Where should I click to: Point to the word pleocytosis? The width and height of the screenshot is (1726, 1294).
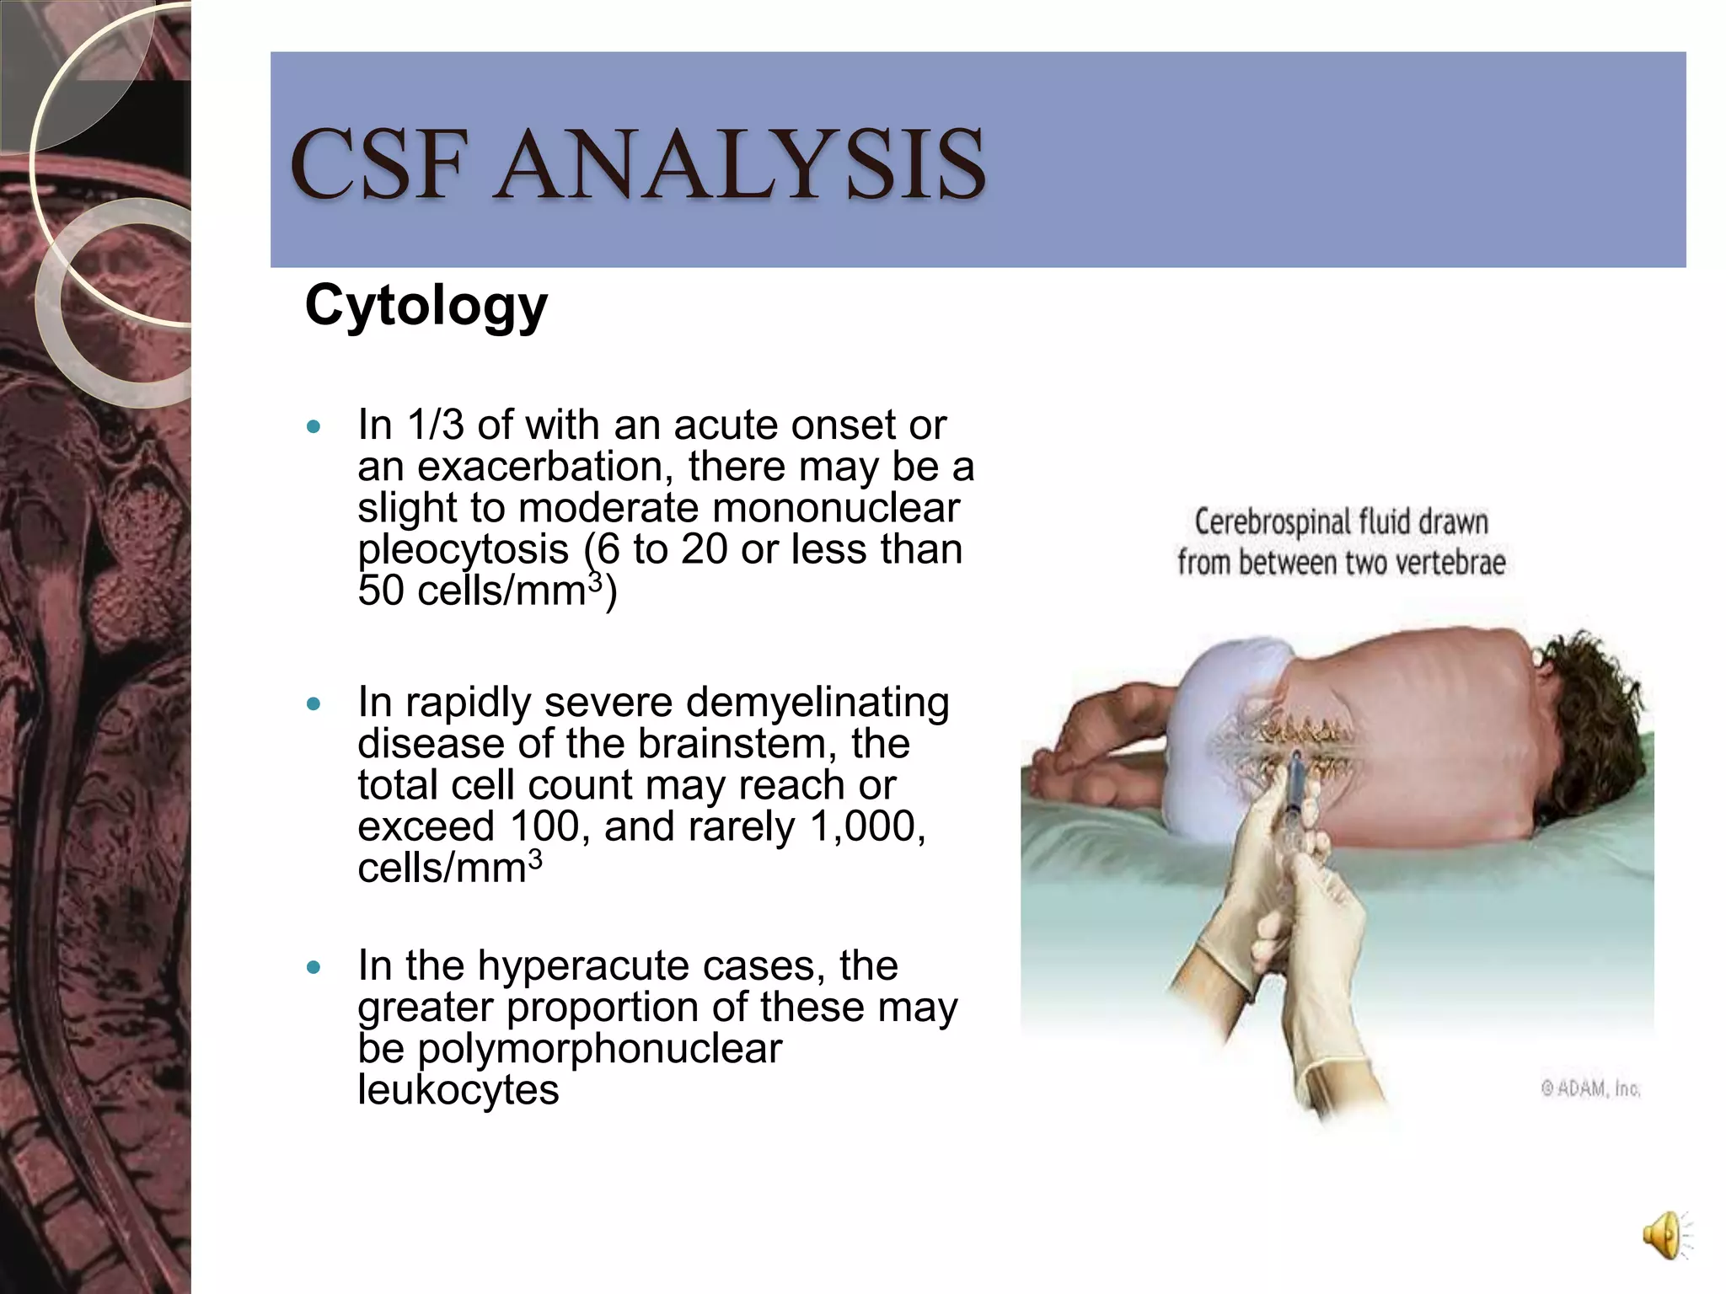pyautogui.click(x=463, y=550)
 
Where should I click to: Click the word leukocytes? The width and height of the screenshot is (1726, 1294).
pyautogui.click(x=458, y=1090)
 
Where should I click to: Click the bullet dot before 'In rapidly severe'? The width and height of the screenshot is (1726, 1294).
pyautogui.click(x=314, y=703)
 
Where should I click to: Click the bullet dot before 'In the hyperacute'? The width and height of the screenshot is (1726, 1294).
pyautogui.click(x=314, y=967)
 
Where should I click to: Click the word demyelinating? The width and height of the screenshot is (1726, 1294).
pyautogui.click(x=817, y=703)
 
